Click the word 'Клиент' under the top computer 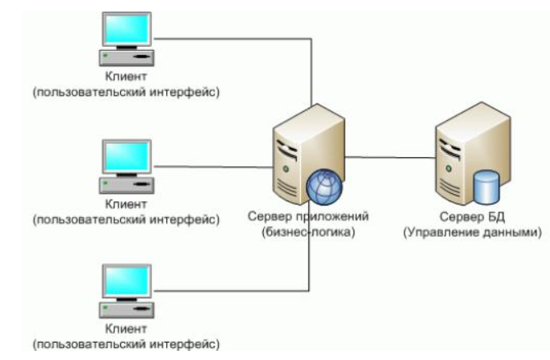click(x=125, y=78)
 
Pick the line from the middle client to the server click(x=214, y=166)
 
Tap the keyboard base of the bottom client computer click(x=123, y=309)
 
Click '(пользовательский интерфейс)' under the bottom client click(x=125, y=343)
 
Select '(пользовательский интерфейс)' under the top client click(x=125, y=93)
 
